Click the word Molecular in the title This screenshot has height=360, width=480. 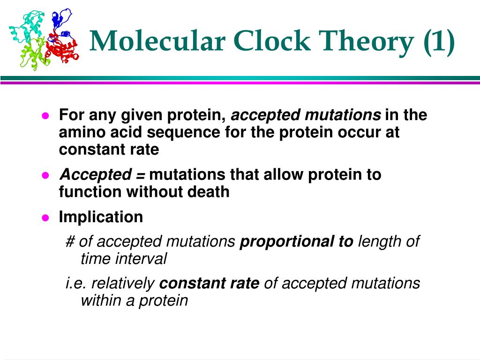pyautogui.click(x=157, y=41)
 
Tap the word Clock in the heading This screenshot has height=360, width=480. pyautogui.click(x=271, y=41)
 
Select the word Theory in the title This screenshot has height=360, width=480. pyautogui.click(x=366, y=42)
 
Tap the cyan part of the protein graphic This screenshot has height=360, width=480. pyautogui.click(x=27, y=28)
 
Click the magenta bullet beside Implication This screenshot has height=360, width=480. pyautogui.click(x=45, y=217)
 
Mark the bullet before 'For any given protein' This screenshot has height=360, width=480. pyautogui.click(x=45, y=115)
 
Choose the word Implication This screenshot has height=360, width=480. pyautogui.click(x=101, y=217)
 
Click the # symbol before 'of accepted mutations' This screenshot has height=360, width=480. pyautogui.click(x=70, y=241)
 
